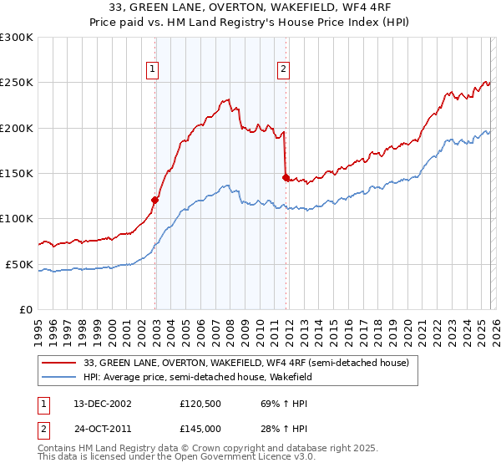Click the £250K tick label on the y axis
pyautogui.click(x=17, y=83)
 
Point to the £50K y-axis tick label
pyautogui.click(x=20, y=264)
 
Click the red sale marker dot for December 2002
pyautogui.click(x=155, y=200)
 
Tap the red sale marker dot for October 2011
pyautogui.click(x=286, y=178)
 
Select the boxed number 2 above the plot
pyautogui.click(x=284, y=70)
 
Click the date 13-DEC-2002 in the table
pyautogui.click(x=96, y=403)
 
